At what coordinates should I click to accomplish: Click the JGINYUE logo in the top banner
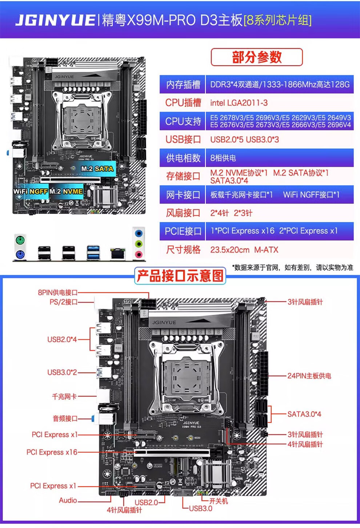tap(55, 20)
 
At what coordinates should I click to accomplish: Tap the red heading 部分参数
tap(257, 57)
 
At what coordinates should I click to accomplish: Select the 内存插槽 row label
tap(183, 84)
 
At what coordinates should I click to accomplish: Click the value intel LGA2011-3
tap(239, 103)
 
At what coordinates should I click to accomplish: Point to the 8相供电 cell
tap(223, 158)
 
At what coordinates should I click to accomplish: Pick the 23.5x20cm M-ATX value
tap(244, 250)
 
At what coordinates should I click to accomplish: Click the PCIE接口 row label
tap(183, 231)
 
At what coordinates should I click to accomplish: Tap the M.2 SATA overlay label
tap(97, 169)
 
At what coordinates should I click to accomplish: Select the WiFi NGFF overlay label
tap(31, 192)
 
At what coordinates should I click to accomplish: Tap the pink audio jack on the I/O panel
tap(139, 254)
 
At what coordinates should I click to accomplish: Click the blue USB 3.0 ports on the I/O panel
tap(93, 253)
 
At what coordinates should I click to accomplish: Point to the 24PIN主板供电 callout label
tap(309, 376)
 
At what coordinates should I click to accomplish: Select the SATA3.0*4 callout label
tap(304, 414)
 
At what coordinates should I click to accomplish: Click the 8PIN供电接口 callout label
tap(58, 293)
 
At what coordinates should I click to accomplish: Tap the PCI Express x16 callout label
tap(52, 452)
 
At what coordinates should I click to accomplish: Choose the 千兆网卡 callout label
tap(64, 396)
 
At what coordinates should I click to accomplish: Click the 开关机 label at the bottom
tap(219, 501)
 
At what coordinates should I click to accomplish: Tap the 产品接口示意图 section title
tap(180, 276)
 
